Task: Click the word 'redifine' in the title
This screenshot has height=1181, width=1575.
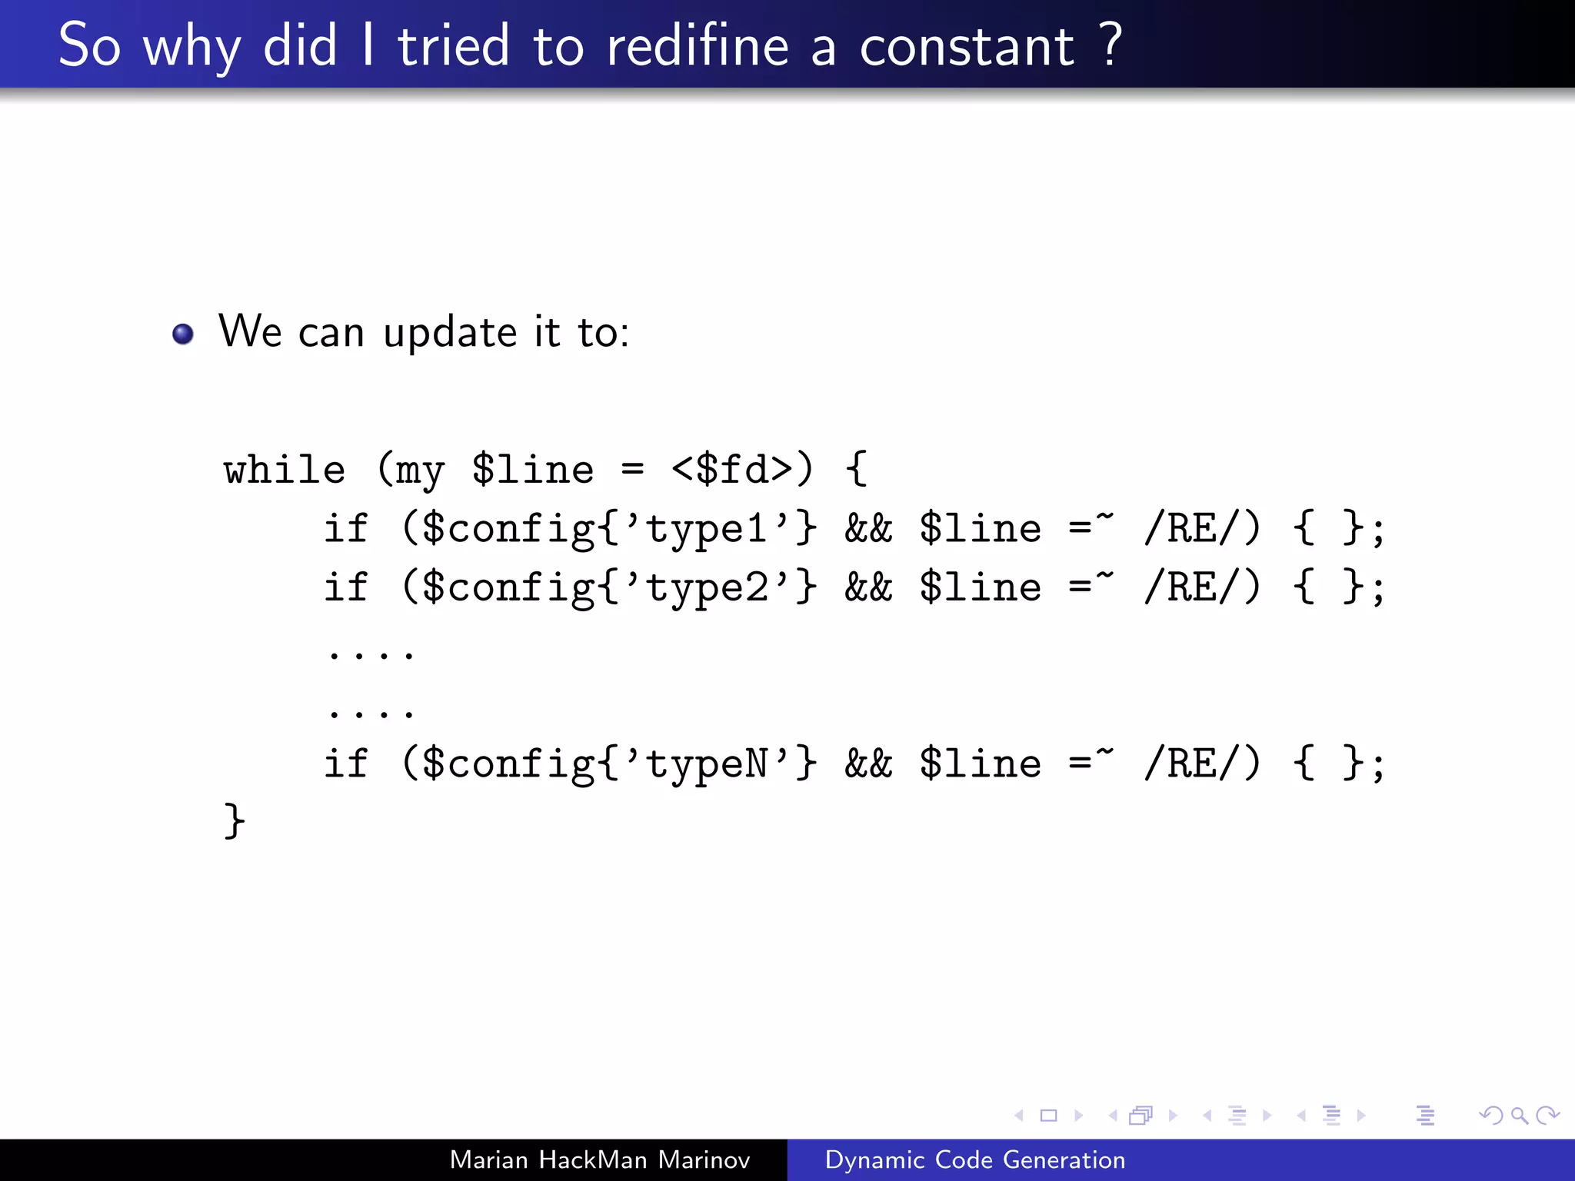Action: click(697, 46)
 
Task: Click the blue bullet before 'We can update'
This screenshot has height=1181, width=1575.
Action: click(183, 334)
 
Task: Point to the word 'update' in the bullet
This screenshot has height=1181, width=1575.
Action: click(450, 334)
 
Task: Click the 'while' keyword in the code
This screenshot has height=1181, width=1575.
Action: click(285, 470)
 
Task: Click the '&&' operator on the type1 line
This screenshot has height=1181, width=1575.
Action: click(868, 529)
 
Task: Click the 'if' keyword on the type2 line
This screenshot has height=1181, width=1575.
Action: click(346, 588)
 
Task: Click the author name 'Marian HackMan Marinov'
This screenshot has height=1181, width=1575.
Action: click(599, 1159)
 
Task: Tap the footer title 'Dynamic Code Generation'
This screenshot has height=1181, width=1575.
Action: click(974, 1159)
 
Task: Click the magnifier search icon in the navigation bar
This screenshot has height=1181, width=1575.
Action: click(1518, 1115)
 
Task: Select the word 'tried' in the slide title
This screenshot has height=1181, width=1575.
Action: click(453, 46)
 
